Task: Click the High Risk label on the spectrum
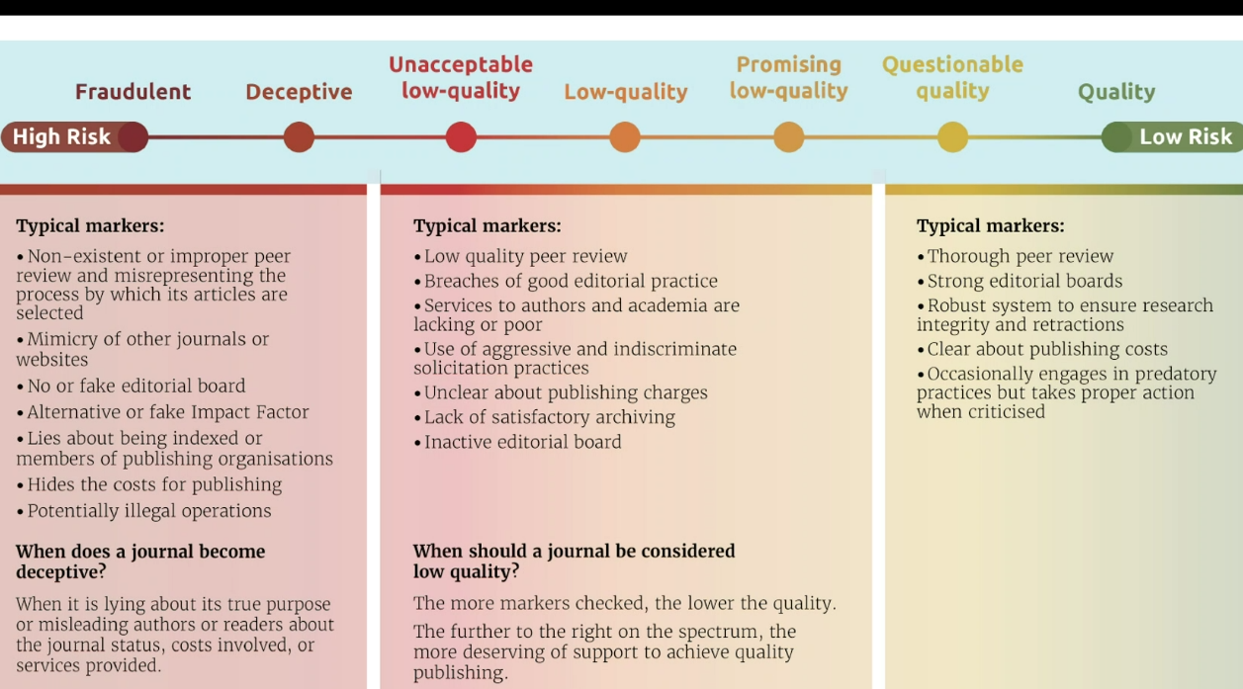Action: tap(61, 137)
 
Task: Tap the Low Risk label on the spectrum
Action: tap(1185, 137)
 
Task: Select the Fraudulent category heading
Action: tap(133, 92)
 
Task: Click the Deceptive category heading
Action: tap(299, 92)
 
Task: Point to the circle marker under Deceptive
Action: tap(299, 137)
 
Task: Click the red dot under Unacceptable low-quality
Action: tap(461, 137)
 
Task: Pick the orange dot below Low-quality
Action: tap(625, 137)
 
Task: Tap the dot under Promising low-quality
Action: tap(788, 137)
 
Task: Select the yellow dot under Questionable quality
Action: tap(952, 137)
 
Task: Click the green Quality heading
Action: tap(1116, 92)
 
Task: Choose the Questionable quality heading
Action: tap(952, 78)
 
